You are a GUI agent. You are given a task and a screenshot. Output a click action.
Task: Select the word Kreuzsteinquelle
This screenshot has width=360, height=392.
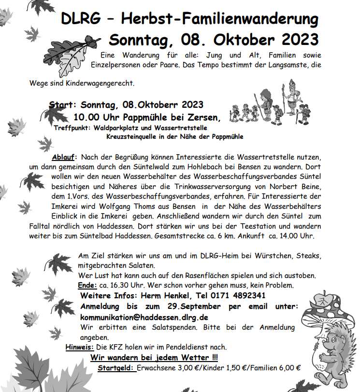[x=133, y=137]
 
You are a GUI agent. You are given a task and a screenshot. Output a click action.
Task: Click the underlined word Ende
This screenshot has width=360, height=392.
[x=87, y=285]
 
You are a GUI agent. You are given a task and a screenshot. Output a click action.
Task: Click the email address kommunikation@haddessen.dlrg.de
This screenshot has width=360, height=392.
[x=144, y=317]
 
